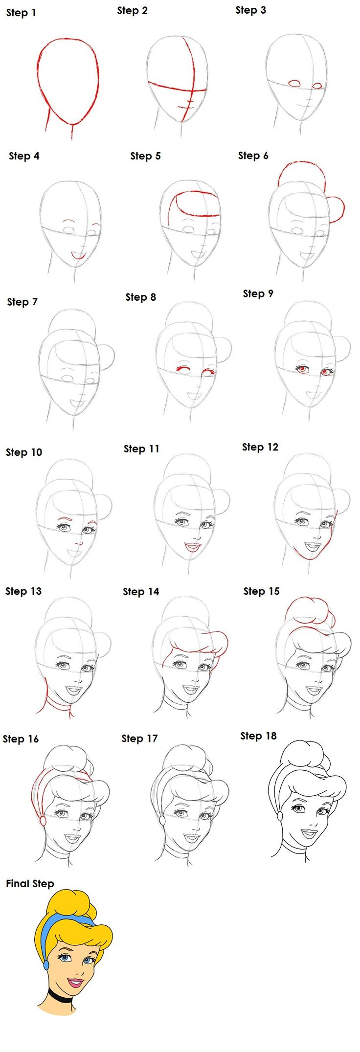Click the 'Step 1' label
(x=21, y=13)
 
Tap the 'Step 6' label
(x=253, y=156)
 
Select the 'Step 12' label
(x=260, y=447)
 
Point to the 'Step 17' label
(x=139, y=739)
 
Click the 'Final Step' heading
(x=30, y=883)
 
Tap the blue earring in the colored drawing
(x=46, y=964)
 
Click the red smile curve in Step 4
(x=78, y=256)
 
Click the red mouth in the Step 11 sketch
(x=192, y=546)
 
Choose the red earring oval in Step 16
(x=43, y=821)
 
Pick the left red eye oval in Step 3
(x=294, y=84)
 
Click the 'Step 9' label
(x=258, y=293)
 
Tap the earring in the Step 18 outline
(x=280, y=816)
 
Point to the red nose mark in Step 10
(x=78, y=543)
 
